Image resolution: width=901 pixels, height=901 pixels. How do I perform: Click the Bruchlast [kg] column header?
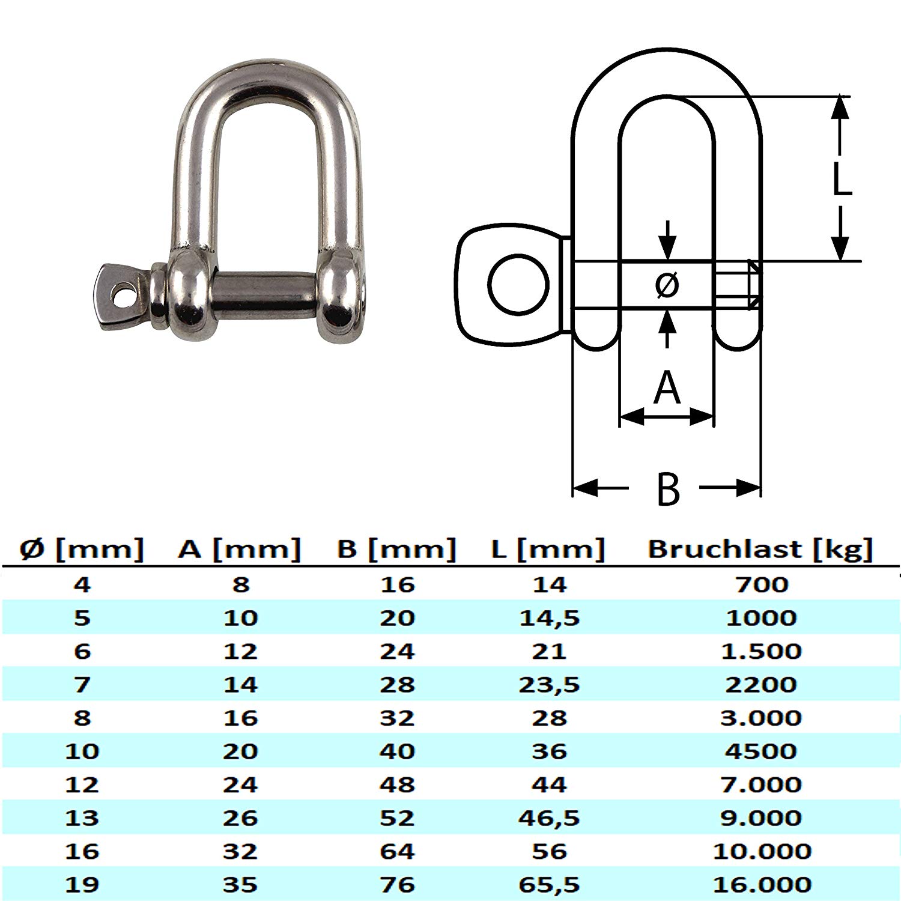[x=760, y=550]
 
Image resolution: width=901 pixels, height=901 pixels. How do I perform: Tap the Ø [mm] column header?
[x=82, y=550]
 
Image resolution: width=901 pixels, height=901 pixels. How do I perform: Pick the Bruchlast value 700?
[x=761, y=584]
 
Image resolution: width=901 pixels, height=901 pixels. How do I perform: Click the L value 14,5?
[x=549, y=618]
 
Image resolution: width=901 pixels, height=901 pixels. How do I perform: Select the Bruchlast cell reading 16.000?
[x=762, y=885]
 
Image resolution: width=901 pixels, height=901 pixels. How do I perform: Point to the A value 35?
[x=240, y=885]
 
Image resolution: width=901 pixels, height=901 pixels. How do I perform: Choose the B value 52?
[x=397, y=818]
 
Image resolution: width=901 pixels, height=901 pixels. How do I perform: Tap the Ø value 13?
[x=82, y=818]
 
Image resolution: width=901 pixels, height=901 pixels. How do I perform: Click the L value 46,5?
[x=549, y=818]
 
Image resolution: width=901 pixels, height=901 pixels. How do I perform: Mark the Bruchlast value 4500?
[x=761, y=751]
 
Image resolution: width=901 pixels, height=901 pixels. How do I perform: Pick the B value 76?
[x=397, y=885]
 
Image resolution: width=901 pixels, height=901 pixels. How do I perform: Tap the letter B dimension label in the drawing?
[x=667, y=490]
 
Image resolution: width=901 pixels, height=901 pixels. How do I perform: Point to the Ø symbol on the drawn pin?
[x=667, y=285]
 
